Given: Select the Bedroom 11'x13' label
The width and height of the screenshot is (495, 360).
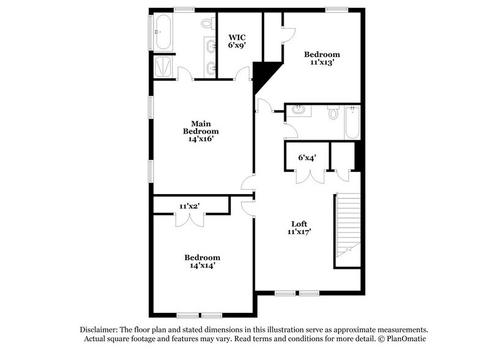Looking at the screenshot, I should tap(322, 58).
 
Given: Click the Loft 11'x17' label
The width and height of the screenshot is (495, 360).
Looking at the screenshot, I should tap(300, 227).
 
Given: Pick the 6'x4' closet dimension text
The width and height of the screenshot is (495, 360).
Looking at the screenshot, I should tap(306, 158).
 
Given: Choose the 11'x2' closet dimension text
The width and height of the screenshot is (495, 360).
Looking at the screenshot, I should tap(190, 206).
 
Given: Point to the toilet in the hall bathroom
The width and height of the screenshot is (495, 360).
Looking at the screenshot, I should tap(333, 113).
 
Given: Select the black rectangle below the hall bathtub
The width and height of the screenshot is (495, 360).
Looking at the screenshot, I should tap(360, 156).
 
